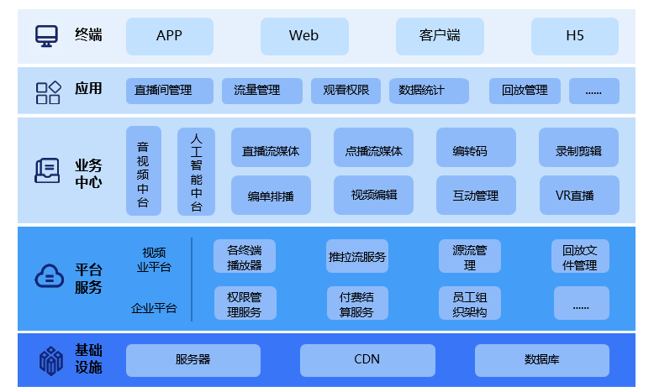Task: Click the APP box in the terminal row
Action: coord(169,36)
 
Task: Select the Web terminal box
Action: coord(303,36)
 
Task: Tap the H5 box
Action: coord(574,36)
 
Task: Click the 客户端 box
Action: coord(439,36)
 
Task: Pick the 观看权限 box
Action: coord(345,91)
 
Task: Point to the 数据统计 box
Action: coord(428,91)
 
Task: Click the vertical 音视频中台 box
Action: coord(143,171)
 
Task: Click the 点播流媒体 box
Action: coord(373,151)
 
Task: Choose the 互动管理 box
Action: coord(476,196)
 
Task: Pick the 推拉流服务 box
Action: coord(357,257)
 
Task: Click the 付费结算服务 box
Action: coord(357,304)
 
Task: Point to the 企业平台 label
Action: coord(154,308)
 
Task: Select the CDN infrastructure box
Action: coord(367,359)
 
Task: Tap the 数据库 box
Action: coord(541,359)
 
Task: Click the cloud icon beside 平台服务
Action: coord(48,276)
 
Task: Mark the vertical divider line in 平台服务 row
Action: coord(192,280)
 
